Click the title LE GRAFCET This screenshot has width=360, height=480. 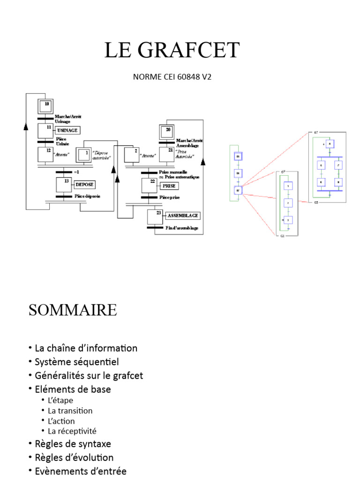pyautogui.click(x=172, y=50)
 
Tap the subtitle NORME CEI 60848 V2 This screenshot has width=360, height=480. pyautogui.click(x=172, y=76)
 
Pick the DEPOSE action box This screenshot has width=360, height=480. pyautogui.click(x=84, y=185)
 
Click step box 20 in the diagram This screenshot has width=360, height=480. pyautogui.click(x=167, y=132)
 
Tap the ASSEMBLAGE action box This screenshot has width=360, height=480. pyautogui.click(x=183, y=216)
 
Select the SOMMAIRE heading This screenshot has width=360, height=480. pyautogui.click(x=73, y=310)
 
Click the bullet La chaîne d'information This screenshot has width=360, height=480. pyautogui.click(x=86, y=348)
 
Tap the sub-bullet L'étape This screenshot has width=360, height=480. pyautogui.click(x=60, y=400)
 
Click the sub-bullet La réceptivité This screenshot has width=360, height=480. pyautogui.click(x=72, y=431)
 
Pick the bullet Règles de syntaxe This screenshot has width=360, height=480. pyautogui.click(x=73, y=443)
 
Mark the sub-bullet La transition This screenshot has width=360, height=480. pyautogui.click(x=70, y=411)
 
